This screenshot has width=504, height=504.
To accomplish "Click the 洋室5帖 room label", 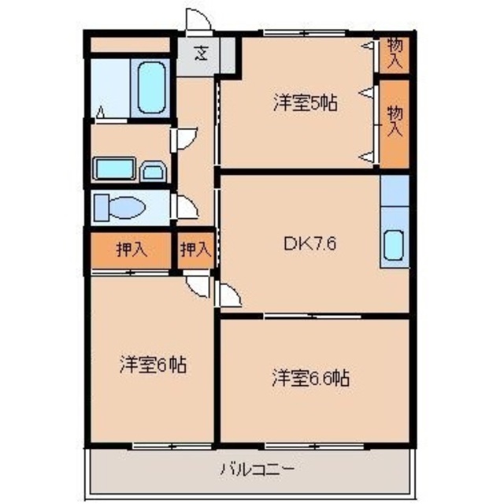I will click(x=306, y=102).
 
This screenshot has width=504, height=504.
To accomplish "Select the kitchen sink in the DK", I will click(x=394, y=249).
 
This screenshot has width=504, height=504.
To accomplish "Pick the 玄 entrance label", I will click(x=201, y=55).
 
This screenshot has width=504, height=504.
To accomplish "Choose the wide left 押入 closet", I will click(x=131, y=250).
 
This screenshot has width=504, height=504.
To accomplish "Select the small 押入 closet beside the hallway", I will click(x=194, y=250).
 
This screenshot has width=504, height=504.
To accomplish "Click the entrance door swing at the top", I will click(x=195, y=20).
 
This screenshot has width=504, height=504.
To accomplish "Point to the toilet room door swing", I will click(x=186, y=207).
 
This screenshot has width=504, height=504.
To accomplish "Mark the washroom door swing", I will click(x=184, y=139).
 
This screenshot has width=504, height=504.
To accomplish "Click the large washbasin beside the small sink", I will click(x=115, y=169).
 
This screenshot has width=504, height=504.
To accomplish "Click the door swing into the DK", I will click(x=228, y=296).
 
